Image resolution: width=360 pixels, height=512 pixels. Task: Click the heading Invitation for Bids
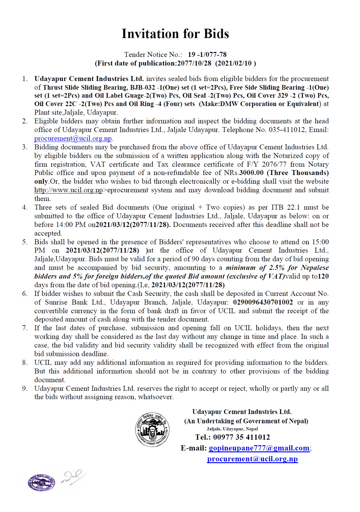point(175,34)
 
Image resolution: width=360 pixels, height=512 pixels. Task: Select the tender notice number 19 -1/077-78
point(207,55)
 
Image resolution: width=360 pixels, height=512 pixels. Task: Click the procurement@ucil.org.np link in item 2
point(73,139)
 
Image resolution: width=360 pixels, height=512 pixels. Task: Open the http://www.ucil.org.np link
point(68,190)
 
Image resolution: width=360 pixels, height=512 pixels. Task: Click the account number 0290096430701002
point(263,302)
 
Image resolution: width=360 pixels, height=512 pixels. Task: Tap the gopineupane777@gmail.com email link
point(259,448)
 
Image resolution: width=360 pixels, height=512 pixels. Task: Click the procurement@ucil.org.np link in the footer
point(252,459)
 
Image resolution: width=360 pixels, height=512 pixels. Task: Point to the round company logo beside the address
point(152,429)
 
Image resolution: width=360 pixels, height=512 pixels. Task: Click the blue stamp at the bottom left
point(41,482)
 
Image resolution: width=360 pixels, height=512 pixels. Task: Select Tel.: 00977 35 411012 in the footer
point(232,437)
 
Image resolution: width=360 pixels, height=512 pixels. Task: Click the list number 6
point(25,294)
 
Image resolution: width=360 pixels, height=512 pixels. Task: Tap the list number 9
point(25,389)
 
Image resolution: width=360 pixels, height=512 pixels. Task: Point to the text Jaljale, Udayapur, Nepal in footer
point(232,429)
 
